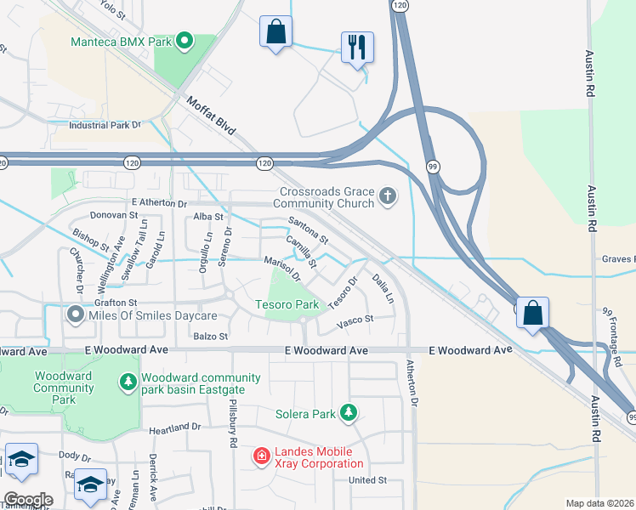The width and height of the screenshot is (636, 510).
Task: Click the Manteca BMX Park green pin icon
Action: click(184, 41)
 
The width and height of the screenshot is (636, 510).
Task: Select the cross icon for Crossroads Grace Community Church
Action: click(388, 197)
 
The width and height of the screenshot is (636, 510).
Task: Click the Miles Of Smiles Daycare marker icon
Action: click(75, 315)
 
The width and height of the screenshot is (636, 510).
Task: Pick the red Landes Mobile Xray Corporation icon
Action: click(262, 456)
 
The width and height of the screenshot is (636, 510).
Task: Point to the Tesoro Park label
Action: click(287, 304)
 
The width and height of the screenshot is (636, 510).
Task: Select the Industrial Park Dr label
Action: click(105, 125)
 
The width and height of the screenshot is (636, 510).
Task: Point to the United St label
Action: click(367, 480)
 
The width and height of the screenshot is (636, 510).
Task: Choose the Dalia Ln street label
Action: click(383, 288)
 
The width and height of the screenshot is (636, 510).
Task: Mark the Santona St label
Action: click(308, 229)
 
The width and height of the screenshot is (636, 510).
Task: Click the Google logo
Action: click(27, 500)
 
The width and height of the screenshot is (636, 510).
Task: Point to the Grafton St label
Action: click(116, 303)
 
